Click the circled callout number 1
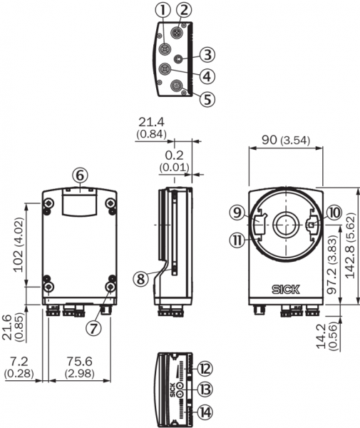[x=163, y=11]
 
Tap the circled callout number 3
[x=207, y=55]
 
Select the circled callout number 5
[x=207, y=99]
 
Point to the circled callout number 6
[x=80, y=175]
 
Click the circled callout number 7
[x=93, y=328]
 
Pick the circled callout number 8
[x=140, y=279]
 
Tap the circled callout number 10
[x=334, y=213]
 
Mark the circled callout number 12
[x=205, y=368]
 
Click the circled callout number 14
[x=205, y=412]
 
